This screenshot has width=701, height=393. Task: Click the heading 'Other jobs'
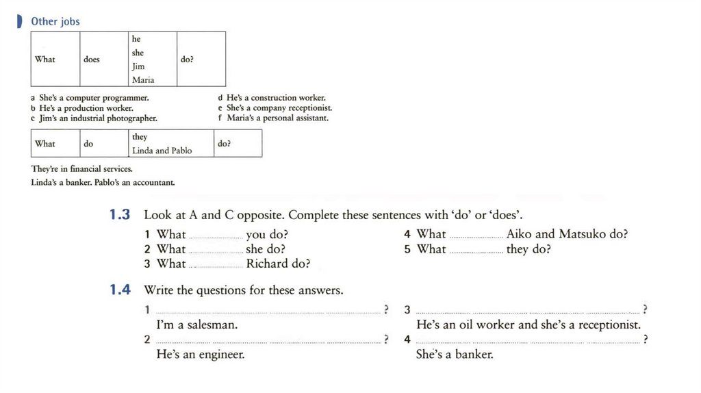55,21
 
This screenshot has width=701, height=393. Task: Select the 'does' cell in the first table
92,60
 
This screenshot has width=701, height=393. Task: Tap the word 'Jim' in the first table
138,66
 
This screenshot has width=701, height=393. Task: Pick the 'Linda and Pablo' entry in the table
162,151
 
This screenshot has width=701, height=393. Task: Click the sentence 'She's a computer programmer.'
94,98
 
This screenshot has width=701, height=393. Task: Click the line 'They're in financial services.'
82,168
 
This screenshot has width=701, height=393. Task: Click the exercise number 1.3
120,215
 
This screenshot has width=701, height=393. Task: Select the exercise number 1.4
120,290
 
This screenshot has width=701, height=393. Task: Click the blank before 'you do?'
216,235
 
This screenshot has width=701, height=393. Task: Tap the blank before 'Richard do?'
216,264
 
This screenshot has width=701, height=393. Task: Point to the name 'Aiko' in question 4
519,234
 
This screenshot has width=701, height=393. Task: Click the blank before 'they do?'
476,250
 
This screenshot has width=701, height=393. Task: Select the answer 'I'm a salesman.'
197,325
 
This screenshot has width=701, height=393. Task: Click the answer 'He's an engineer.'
201,355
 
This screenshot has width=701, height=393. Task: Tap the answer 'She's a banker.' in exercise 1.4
455,355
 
